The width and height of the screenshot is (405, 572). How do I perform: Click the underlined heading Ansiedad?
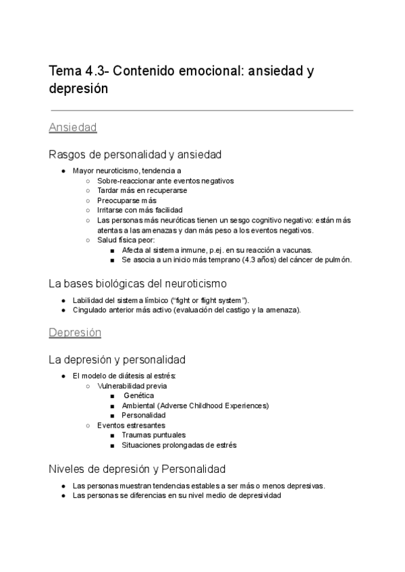(x=74, y=127)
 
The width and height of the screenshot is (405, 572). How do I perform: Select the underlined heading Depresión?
(x=75, y=333)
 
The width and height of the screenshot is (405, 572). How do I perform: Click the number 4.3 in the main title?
(x=94, y=71)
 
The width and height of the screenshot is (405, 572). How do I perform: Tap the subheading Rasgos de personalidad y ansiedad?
(x=135, y=154)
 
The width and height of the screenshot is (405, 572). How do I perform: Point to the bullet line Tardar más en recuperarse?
(x=142, y=190)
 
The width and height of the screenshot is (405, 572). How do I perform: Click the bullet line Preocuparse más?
(x=127, y=200)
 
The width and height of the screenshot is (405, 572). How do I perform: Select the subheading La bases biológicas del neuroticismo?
(x=138, y=283)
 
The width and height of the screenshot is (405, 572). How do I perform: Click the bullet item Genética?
(x=139, y=396)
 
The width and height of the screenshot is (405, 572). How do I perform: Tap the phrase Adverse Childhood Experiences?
(x=215, y=405)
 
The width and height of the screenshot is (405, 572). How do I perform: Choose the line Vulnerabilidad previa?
(x=132, y=386)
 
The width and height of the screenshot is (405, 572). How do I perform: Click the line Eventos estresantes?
(x=131, y=426)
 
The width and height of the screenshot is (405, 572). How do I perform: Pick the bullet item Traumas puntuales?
(x=153, y=435)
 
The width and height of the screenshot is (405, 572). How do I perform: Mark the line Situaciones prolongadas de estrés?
(x=179, y=445)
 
